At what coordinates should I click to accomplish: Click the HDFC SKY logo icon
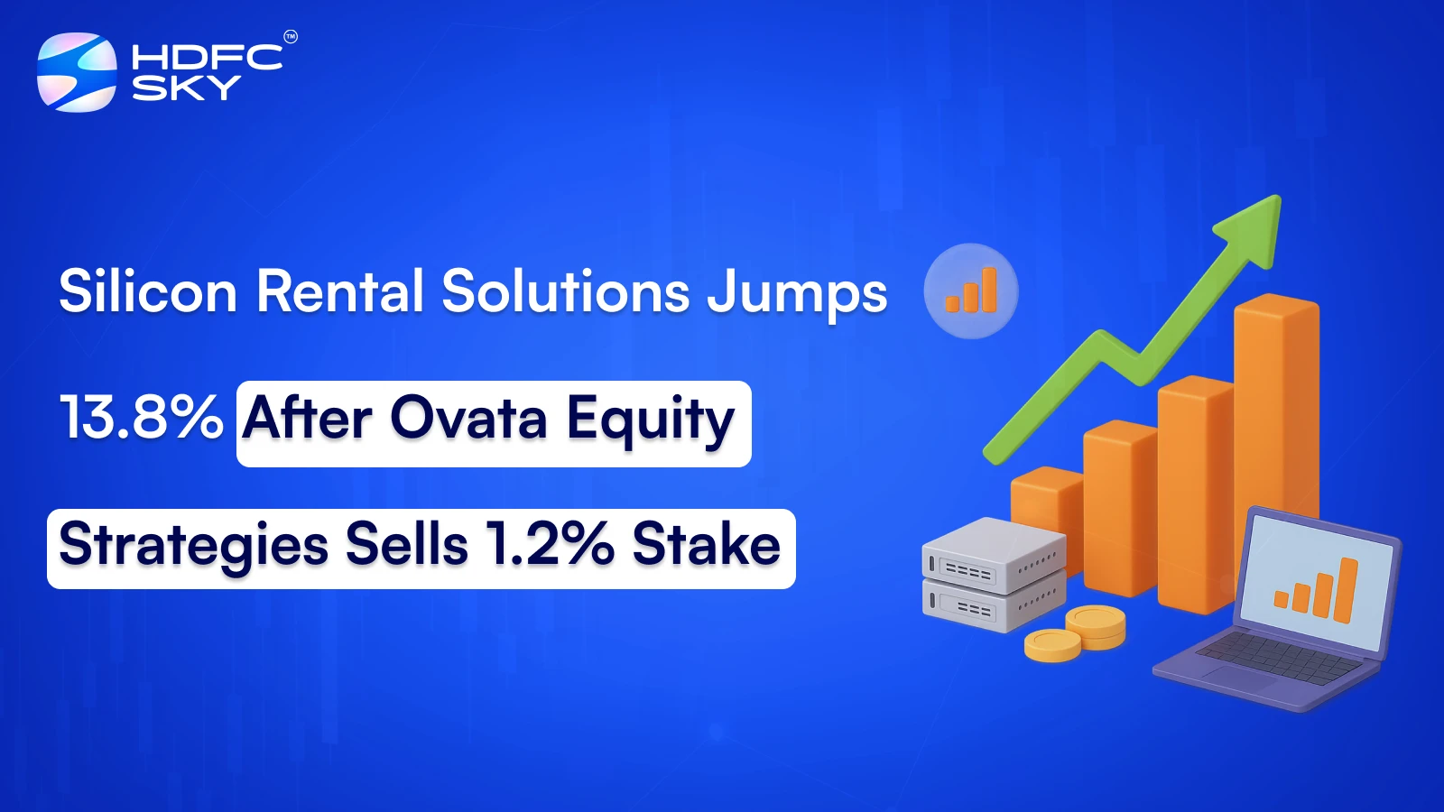(77, 72)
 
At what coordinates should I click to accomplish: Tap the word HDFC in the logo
(207, 58)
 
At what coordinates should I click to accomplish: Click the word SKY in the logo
(186, 88)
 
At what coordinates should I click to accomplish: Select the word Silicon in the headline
(148, 291)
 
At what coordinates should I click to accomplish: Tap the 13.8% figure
(141, 418)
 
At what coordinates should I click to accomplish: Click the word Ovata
(468, 419)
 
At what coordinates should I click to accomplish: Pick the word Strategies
(193, 546)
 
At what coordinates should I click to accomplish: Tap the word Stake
(706, 545)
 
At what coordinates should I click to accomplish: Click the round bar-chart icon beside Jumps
(971, 291)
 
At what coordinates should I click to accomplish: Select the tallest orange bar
(1276, 406)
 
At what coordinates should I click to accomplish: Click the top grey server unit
(993, 551)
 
